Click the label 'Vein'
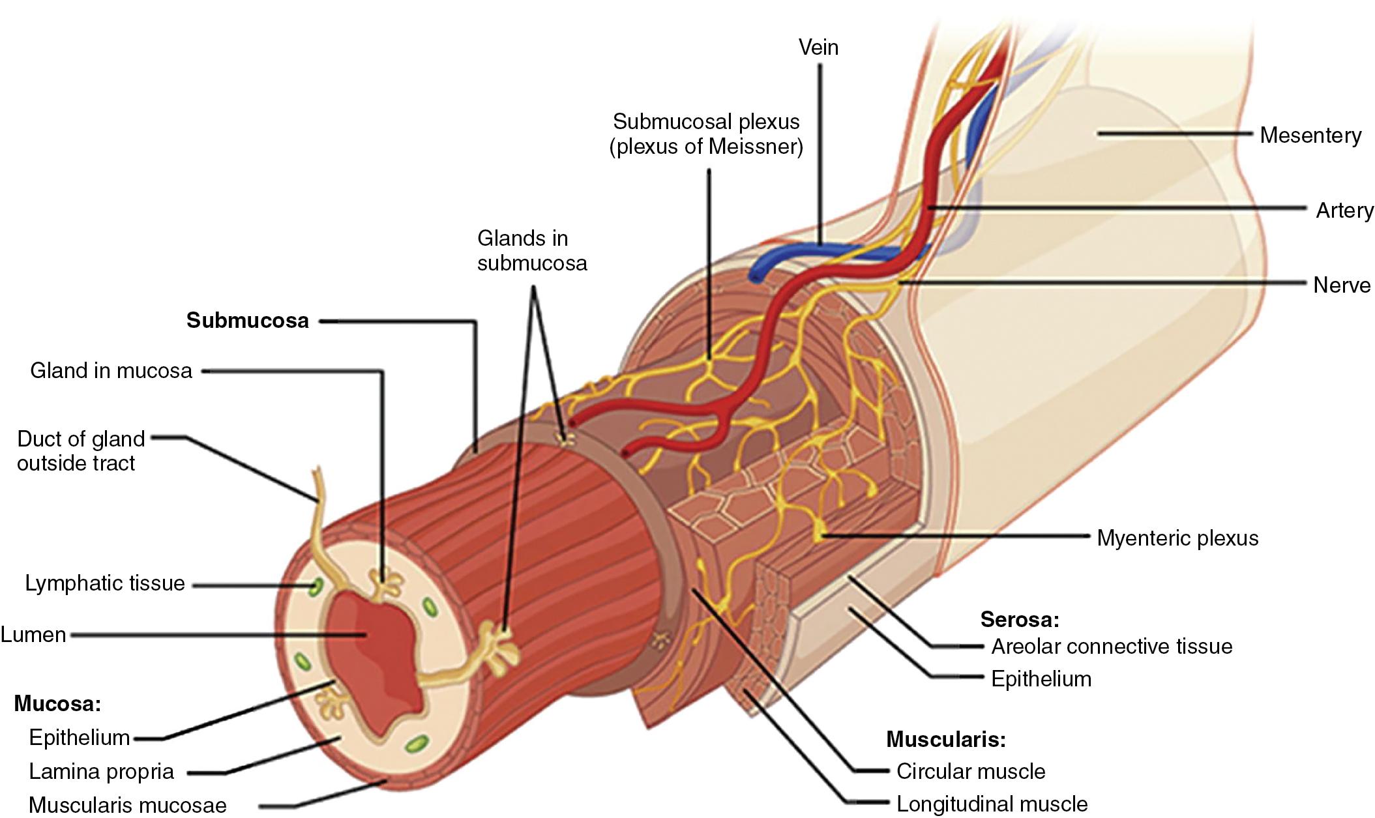click(818, 47)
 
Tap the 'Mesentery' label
click(1310, 135)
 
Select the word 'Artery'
click(1344, 210)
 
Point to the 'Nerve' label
click(1341, 285)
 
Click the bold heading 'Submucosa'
click(247, 320)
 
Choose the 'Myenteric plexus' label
click(1177, 538)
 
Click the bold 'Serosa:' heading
click(1019, 619)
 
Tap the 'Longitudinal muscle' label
click(991, 804)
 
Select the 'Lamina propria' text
click(101, 771)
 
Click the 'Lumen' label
click(33, 634)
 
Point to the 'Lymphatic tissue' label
click(104, 583)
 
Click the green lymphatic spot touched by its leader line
click(315, 586)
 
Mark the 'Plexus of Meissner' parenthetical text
click(706, 146)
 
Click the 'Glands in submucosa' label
click(531, 250)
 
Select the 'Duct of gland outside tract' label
click(80, 450)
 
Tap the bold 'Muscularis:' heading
click(945, 739)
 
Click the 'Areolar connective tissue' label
click(1112, 646)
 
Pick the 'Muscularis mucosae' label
click(127, 804)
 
